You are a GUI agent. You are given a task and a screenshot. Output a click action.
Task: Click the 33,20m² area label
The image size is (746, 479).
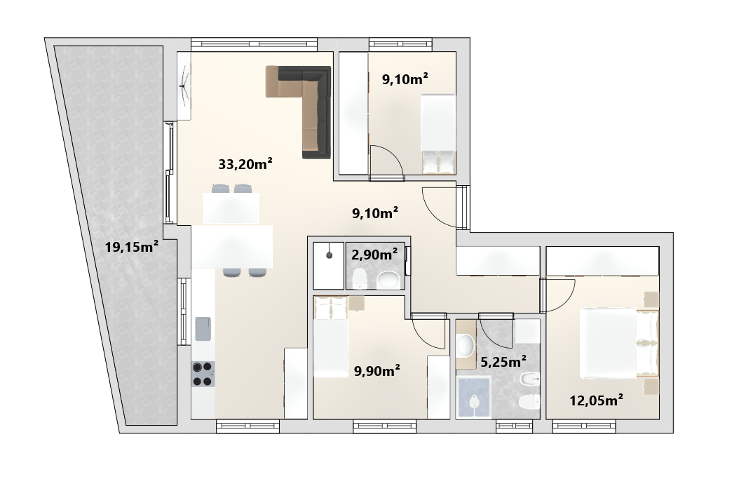point(245,164)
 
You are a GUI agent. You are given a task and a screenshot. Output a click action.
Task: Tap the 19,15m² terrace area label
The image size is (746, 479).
point(132,247)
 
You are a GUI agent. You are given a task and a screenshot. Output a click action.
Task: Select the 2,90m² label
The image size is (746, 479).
point(374,255)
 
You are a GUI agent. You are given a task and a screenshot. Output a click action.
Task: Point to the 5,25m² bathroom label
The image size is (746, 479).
point(503,362)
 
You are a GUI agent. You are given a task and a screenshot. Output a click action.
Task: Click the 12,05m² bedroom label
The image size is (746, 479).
point(597,400)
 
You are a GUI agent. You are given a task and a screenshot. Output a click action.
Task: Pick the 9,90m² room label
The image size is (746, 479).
point(377,370)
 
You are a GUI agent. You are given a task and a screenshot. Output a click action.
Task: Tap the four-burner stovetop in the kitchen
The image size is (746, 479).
point(203,374)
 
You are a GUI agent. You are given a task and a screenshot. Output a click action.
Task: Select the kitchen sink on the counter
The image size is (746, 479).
point(203,329)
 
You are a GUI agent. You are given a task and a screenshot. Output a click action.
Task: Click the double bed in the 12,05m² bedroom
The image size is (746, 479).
point(618,343)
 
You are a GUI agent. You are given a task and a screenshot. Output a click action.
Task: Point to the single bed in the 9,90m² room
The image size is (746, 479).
point(331,337)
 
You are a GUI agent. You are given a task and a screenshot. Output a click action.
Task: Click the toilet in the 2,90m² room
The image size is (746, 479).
point(359,278)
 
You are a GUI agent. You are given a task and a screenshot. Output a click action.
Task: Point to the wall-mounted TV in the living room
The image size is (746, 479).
point(184,86)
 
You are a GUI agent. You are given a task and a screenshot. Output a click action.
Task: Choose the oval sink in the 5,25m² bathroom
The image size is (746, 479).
point(466,345)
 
